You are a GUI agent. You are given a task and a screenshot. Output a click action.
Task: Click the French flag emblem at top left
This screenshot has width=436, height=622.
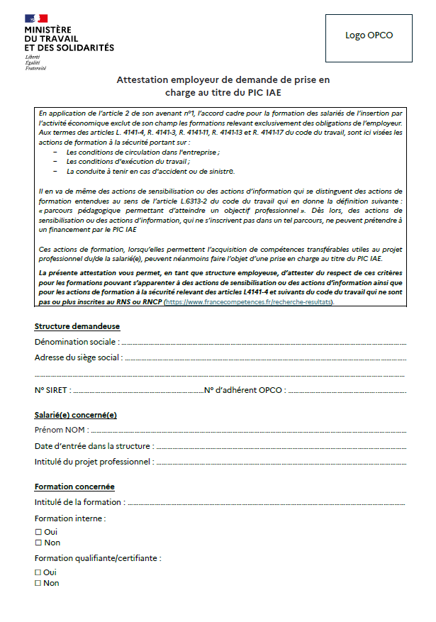(x=36, y=18)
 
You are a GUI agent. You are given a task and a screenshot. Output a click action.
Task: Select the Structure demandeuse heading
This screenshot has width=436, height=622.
(x=77, y=326)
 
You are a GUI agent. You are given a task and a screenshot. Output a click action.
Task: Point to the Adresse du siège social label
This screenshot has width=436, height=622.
(x=77, y=357)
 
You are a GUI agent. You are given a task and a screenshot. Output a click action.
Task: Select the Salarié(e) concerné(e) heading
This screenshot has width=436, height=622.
(x=76, y=415)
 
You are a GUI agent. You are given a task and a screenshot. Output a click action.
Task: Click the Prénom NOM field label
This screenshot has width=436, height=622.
(x=61, y=430)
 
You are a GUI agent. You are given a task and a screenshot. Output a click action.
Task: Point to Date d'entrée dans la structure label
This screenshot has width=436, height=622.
(x=93, y=446)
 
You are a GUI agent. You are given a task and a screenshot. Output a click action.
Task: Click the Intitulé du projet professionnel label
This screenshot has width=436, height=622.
(x=94, y=462)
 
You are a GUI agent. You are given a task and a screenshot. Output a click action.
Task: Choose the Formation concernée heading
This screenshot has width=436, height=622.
(x=74, y=487)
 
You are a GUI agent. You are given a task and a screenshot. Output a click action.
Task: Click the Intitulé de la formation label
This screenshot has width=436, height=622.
(x=79, y=502)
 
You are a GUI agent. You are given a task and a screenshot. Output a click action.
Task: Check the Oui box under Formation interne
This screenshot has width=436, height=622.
(x=38, y=532)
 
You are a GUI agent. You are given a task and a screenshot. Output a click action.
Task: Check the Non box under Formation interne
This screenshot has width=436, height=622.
(x=38, y=543)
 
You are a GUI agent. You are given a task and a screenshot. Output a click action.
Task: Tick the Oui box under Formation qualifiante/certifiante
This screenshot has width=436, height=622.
(x=38, y=572)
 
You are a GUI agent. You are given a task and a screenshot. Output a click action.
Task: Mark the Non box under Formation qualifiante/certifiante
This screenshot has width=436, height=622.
(x=38, y=583)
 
